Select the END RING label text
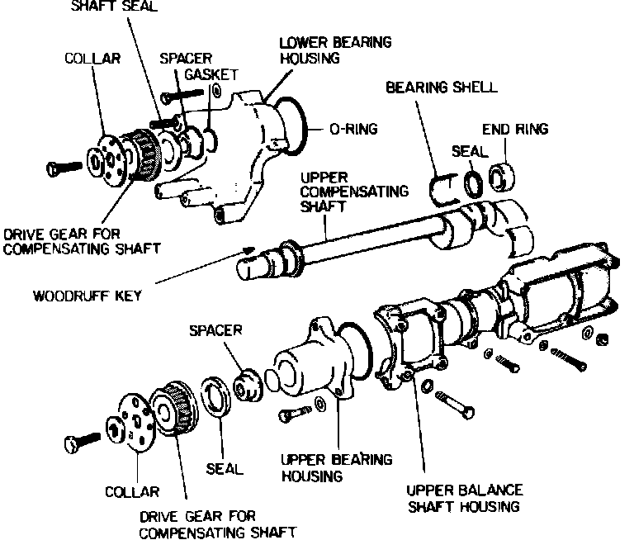click(515, 129)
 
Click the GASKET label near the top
click(206, 74)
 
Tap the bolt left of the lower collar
click(81, 442)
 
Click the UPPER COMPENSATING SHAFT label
click(356, 192)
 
